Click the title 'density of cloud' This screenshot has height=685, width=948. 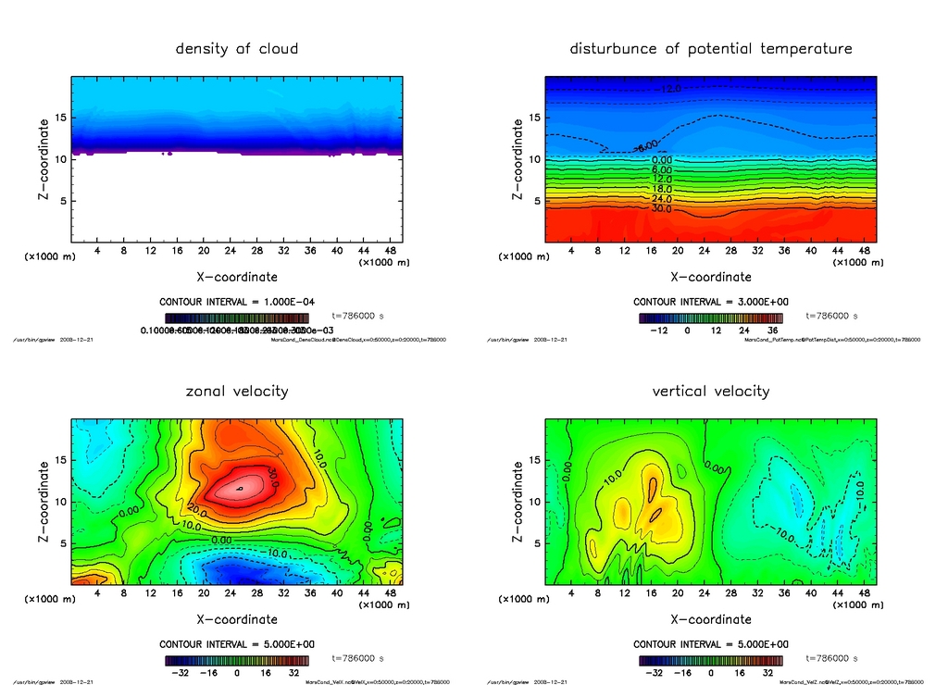pyautogui.click(x=237, y=49)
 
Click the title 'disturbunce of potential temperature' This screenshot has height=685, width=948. pyautogui.click(x=711, y=48)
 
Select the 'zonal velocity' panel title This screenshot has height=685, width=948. pyautogui.click(x=237, y=392)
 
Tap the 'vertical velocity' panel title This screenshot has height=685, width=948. pyautogui.click(x=711, y=392)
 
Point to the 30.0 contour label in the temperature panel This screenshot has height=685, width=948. pyautogui.click(x=662, y=209)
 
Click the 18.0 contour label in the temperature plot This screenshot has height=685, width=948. pyautogui.click(x=662, y=189)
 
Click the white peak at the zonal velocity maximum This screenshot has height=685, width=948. pyautogui.click(x=240, y=488)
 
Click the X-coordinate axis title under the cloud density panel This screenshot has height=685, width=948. pyautogui.click(x=237, y=277)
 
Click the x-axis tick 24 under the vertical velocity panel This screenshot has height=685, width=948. pyautogui.click(x=705, y=593)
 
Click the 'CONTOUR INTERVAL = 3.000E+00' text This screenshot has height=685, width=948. pyautogui.click(x=710, y=302)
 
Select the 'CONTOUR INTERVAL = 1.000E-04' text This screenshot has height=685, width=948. pyautogui.click(x=237, y=302)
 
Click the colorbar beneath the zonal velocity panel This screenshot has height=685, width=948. pyautogui.click(x=237, y=660)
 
